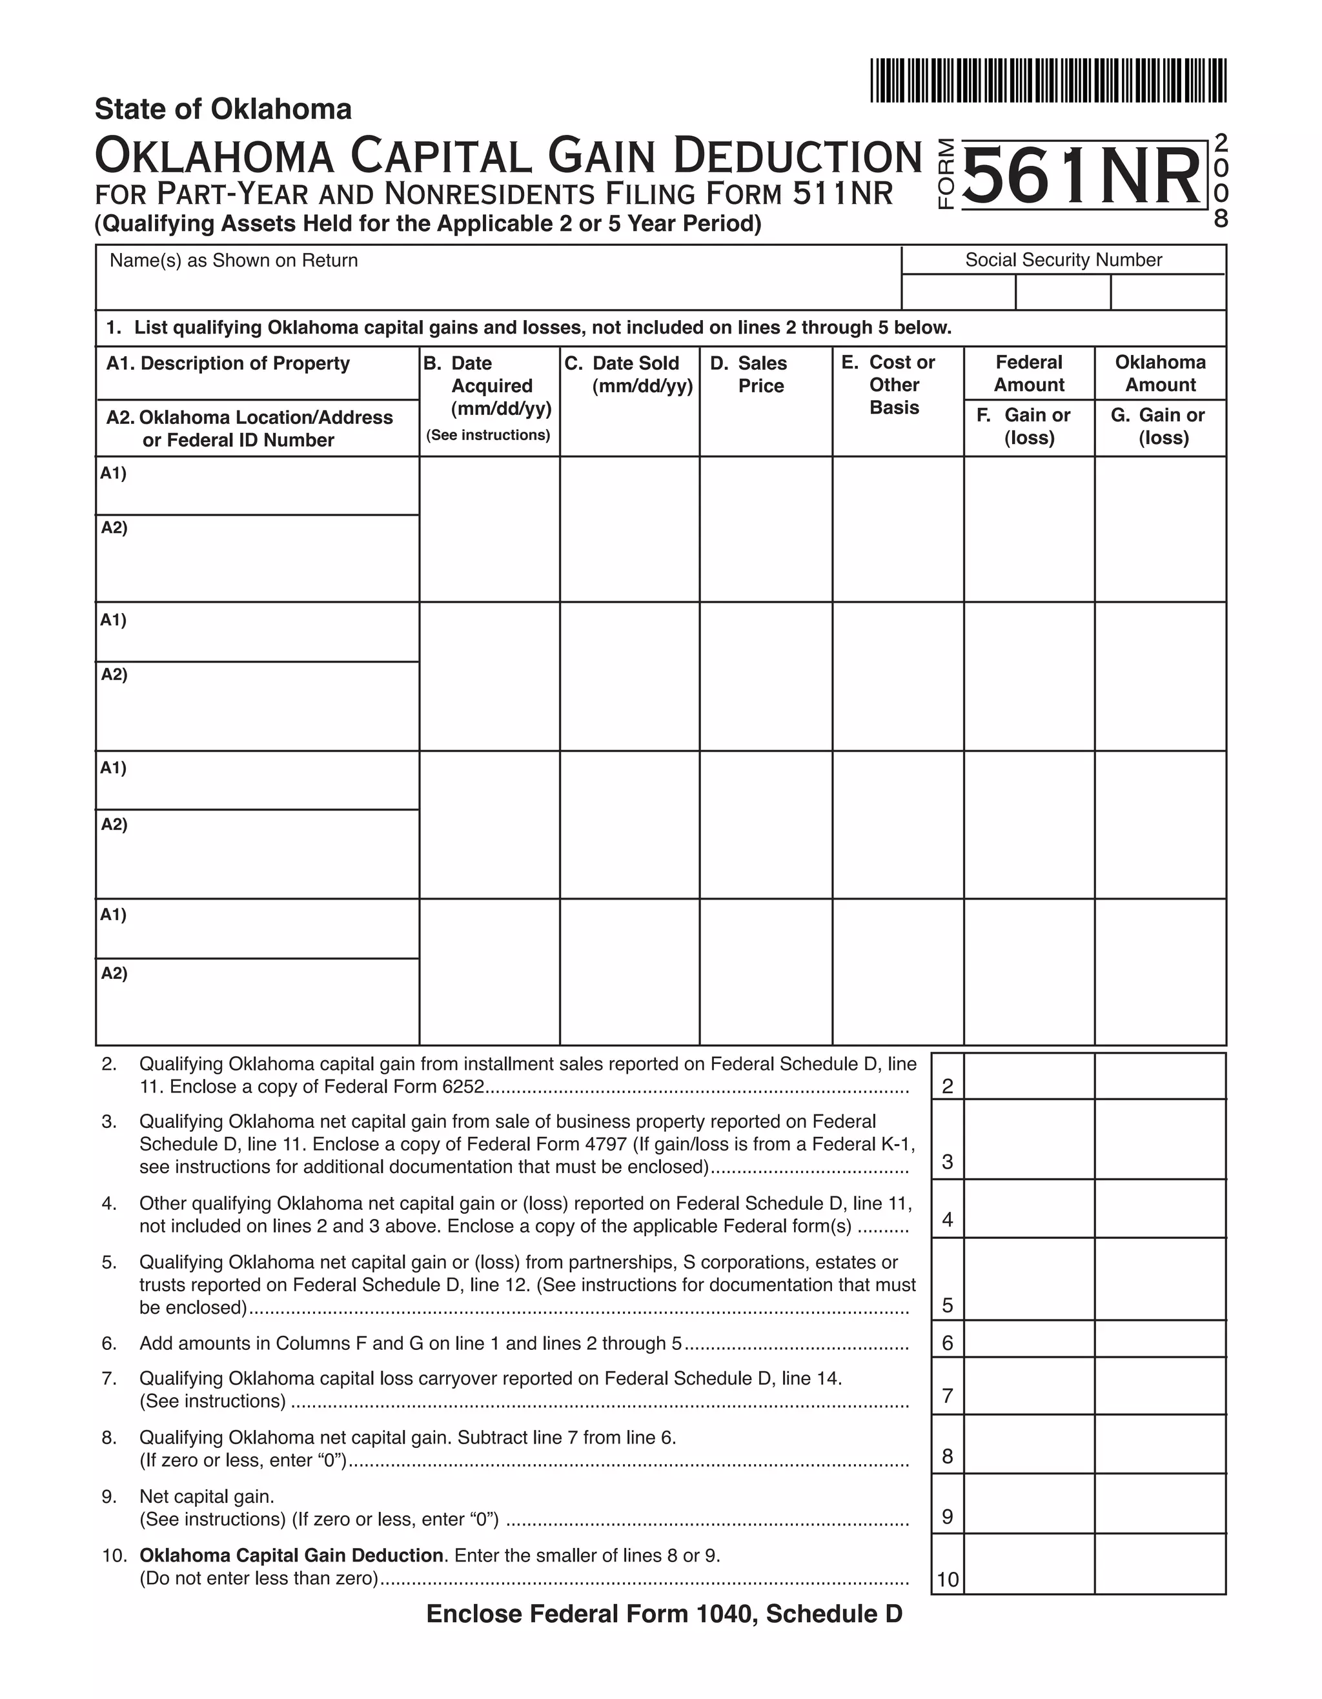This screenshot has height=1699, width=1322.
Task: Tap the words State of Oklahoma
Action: click(x=223, y=110)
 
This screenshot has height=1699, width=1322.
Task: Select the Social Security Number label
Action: click(x=1063, y=260)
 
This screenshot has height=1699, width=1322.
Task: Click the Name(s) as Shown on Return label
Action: click(x=234, y=261)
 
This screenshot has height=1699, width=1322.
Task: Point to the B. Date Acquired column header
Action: click(x=489, y=387)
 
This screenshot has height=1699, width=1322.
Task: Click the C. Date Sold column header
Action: click(x=629, y=374)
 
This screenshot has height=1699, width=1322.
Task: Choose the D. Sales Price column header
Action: click(x=753, y=374)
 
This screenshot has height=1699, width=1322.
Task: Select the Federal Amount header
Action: click(x=1029, y=374)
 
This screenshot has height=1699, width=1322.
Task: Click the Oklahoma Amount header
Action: click(x=1160, y=374)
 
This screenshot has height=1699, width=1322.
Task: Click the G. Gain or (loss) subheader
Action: click(x=1160, y=427)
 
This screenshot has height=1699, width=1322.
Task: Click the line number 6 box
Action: click(x=947, y=1343)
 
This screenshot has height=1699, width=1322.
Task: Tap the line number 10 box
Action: click(x=947, y=1579)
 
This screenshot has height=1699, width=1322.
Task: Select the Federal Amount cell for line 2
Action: click(x=1029, y=1076)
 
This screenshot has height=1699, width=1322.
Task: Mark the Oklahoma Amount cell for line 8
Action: click(x=1160, y=1445)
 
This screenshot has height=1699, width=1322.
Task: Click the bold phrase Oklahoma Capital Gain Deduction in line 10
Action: click(x=291, y=1556)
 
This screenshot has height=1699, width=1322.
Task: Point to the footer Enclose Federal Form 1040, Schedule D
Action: click(x=664, y=1614)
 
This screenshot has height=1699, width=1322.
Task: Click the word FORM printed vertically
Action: click(x=946, y=174)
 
